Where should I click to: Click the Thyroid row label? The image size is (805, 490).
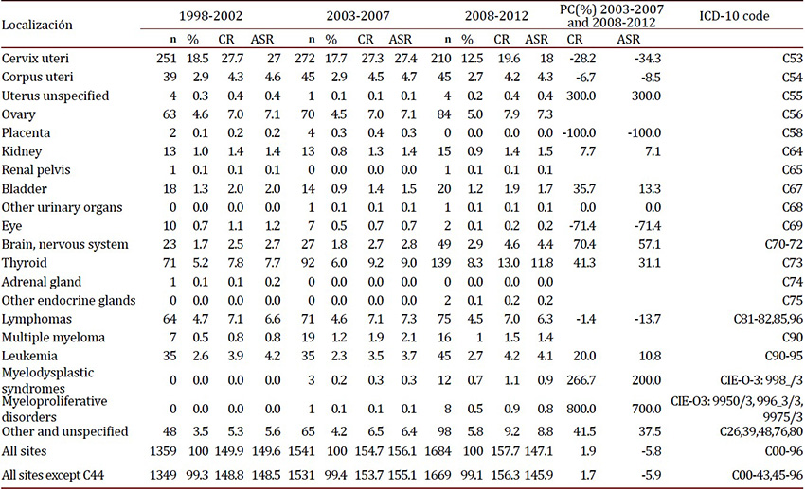click(x=26, y=263)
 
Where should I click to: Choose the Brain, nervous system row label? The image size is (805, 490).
click(x=65, y=244)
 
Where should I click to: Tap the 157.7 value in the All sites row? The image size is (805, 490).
click(x=503, y=450)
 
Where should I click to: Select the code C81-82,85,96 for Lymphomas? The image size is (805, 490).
click(x=758, y=319)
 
